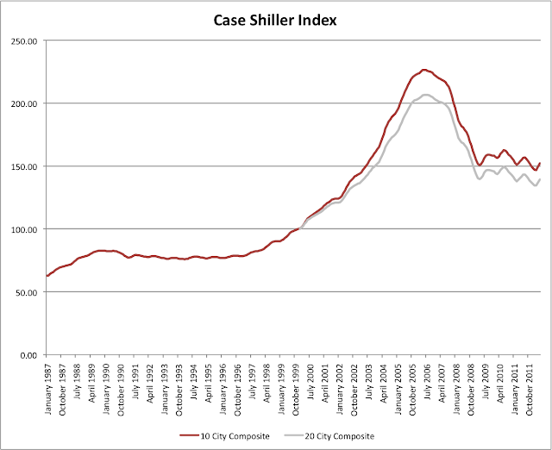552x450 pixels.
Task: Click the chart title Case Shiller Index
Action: pyautogui.click(x=276, y=19)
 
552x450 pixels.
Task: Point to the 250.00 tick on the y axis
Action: pyautogui.click(x=22, y=41)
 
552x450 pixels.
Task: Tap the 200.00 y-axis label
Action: pyautogui.click(x=22, y=103)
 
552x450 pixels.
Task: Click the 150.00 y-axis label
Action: pyautogui.click(x=22, y=166)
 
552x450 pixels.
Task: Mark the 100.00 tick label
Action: pyautogui.click(x=22, y=229)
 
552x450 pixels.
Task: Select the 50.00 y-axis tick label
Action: pyautogui.click(x=25, y=292)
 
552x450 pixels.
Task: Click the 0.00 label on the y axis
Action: pyautogui.click(x=28, y=355)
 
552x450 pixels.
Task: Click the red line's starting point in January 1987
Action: pyautogui.click(x=47, y=276)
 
